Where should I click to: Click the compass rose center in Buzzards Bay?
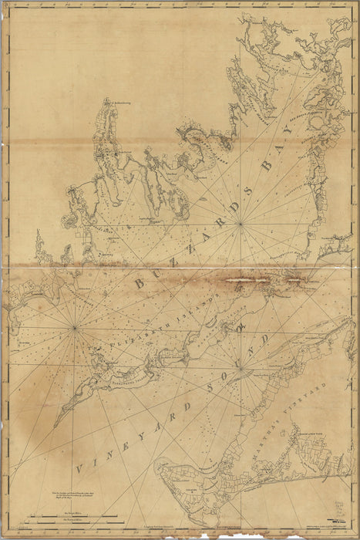pos(241,224)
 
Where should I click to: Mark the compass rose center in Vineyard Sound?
pos(241,367)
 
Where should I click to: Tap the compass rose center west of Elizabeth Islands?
pos(75,329)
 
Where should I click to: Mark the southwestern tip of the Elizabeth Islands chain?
pos(56,425)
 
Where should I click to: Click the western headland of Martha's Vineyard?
pos(157,466)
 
